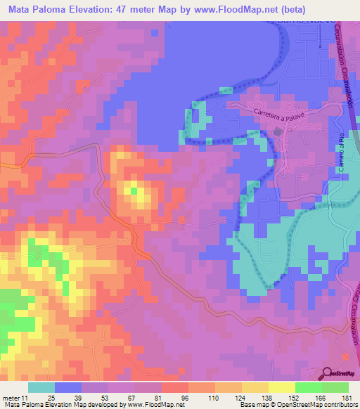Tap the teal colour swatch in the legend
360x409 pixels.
[41, 387]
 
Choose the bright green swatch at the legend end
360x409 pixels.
[335, 387]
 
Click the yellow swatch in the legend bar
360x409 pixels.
[282, 387]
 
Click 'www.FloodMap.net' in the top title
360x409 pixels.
[236, 9]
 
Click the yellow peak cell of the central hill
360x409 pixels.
[133, 188]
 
